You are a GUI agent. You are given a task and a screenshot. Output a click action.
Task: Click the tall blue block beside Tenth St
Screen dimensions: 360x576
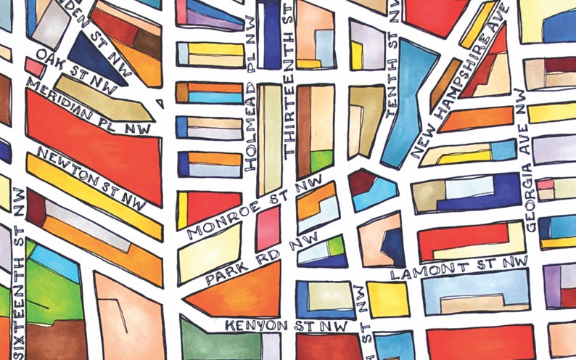click(x=410, y=102)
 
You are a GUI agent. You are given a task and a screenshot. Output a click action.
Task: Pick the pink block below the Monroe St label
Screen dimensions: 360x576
click(x=268, y=229)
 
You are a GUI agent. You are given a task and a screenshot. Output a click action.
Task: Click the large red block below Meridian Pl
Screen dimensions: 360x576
click(x=94, y=145)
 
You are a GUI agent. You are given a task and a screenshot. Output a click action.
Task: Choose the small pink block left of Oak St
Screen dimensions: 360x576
click(x=34, y=67)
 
